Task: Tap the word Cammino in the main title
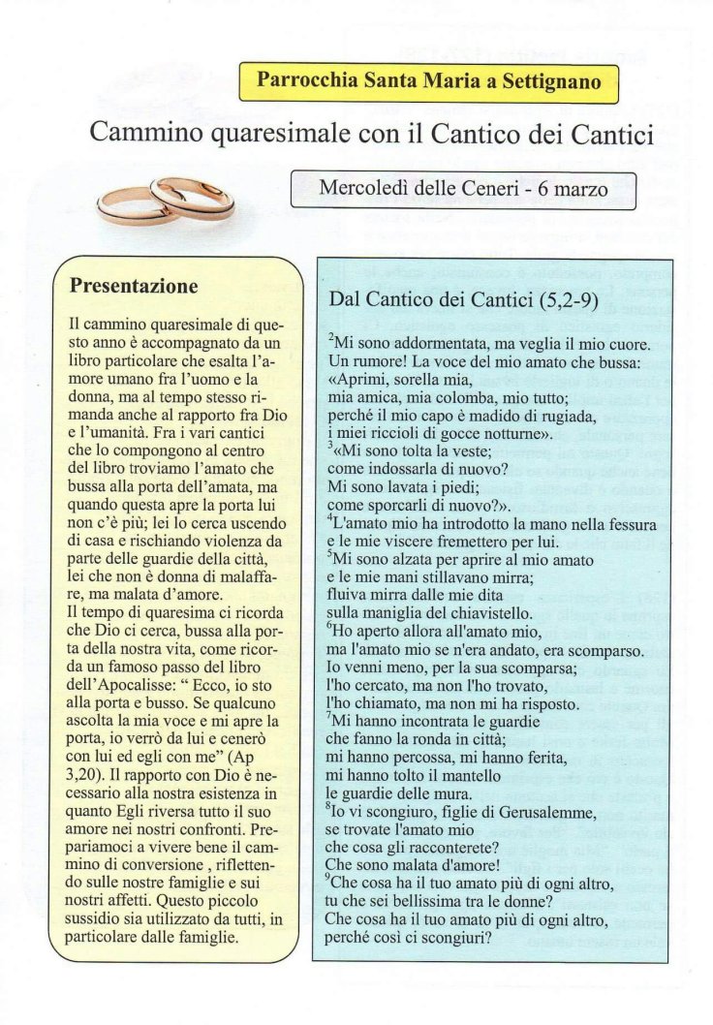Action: (144, 133)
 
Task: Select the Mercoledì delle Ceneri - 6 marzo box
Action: (463, 190)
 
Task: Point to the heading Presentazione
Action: (135, 287)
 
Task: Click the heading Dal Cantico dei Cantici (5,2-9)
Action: (464, 300)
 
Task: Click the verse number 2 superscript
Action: (331, 338)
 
